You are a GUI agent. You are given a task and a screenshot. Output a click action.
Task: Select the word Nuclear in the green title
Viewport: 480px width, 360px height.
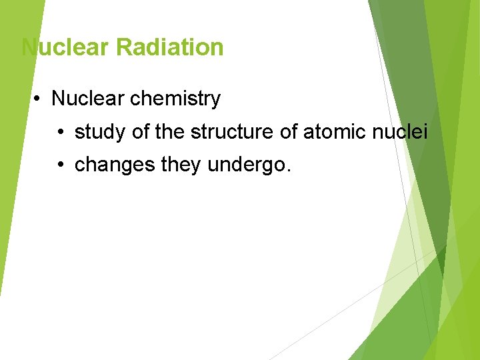pos(65,47)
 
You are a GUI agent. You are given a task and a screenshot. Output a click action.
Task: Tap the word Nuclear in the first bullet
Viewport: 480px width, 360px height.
pos(88,99)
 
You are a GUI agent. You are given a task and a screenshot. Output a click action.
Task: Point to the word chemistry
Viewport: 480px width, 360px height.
pos(175,99)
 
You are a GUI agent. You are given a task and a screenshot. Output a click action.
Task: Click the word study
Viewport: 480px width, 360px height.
pos(101,132)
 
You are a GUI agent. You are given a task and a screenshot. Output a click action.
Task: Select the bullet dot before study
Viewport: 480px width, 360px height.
pos(61,133)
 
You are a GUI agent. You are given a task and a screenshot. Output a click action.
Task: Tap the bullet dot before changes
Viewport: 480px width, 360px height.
pos(61,165)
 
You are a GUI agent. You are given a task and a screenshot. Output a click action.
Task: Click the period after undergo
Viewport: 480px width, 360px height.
pos(288,170)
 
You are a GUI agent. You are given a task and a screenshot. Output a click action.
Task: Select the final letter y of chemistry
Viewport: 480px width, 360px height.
pos(215,101)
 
